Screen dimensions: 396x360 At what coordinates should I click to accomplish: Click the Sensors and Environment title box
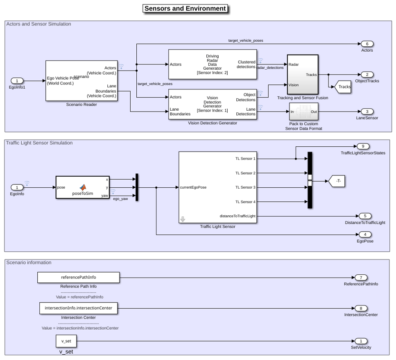186,9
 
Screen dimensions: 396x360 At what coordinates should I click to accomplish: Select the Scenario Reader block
81,81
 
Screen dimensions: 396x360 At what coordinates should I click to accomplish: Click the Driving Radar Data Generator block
213,64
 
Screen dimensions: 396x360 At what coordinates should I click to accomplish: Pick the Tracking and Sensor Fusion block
303,75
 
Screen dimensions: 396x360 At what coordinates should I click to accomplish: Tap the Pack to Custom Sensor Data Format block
303,112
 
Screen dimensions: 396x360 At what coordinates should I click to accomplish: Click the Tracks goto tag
343,87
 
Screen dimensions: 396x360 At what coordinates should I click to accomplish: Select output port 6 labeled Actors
367,44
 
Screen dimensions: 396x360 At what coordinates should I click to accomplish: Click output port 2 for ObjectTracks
367,75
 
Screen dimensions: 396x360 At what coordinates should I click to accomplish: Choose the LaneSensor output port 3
367,112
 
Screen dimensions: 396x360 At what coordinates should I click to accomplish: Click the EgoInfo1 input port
17,81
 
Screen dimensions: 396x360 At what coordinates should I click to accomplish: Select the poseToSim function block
83,187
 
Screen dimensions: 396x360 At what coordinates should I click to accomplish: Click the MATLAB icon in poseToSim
83,187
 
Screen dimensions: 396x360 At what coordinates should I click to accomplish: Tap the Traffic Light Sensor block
218,187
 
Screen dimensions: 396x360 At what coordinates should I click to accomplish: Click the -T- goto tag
336,181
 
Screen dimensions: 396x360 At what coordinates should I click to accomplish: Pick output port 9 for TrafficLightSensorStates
363,146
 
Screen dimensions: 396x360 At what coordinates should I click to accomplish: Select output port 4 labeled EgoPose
365,235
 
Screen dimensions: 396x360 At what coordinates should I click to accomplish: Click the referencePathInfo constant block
79,277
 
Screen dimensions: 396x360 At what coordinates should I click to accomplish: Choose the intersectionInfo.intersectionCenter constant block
79,308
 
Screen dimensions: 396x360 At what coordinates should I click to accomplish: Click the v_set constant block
66,341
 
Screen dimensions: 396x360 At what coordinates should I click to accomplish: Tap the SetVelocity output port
361,341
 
